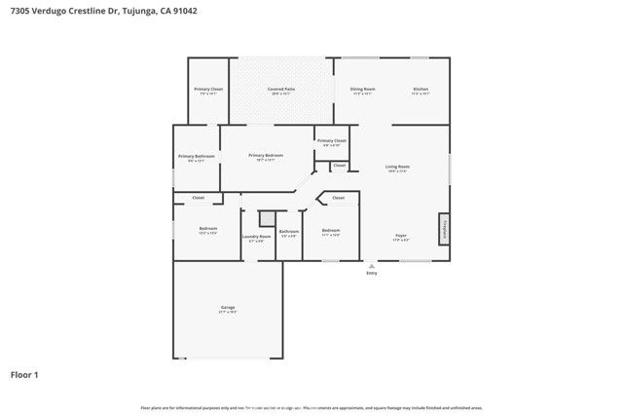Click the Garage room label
(227, 308)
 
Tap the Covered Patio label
(281, 90)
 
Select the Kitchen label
(421, 90)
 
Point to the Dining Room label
(363, 90)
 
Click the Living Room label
(398, 167)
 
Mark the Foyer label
(400, 236)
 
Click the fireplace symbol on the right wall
(444, 229)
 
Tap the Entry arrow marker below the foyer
(371, 264)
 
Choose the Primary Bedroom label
(265, 155)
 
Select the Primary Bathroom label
(196, 156)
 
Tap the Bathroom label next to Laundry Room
(288, 231)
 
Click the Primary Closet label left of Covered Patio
(208, 90)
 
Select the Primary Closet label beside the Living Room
(332, 141)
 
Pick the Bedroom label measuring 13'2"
(206, 229)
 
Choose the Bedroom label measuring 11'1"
(331, 231)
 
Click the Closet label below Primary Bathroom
(198, 198)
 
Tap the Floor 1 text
(24, 374)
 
